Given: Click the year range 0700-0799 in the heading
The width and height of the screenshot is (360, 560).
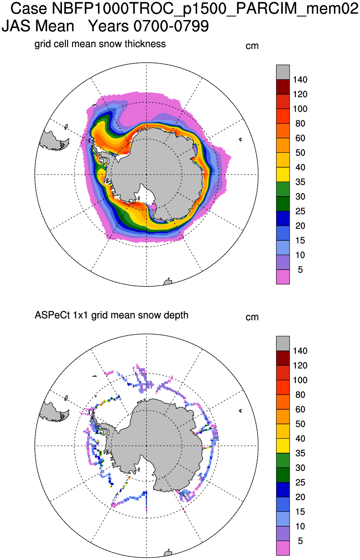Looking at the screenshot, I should pyautogui.click(x=171, y=26).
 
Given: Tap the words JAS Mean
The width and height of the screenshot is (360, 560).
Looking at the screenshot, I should pyautogui.click(x=38, y=26).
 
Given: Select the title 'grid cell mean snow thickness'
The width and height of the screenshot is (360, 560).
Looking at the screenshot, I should pyautogui.click(x=100, y=44).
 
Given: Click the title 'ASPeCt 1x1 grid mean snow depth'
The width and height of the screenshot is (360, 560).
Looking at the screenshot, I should pyautogui.click(x=111, y=315).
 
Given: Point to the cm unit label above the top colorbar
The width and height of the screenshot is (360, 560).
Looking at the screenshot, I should pyautogui.click(x=252, y=46).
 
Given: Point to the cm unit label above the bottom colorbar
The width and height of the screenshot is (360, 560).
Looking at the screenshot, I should pyautogui.click(x=252, y=317).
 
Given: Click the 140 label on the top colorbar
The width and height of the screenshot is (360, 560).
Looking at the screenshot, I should pyautogui.click(x=300, y=80).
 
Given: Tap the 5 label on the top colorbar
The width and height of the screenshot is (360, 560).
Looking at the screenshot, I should pyautogui.click(x=300, y=270).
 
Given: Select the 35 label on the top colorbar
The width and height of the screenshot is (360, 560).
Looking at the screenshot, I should pyautogui.click(x=300, y=182).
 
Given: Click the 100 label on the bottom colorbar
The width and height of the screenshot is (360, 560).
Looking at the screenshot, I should pyautogui.click(x=300, y=380).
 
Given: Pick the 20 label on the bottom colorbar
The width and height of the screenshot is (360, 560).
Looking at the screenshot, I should pyautogui.click(x=300, y=497).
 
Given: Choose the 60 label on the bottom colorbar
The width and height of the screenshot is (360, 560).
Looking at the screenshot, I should pyautogui.click(x=300, y=409).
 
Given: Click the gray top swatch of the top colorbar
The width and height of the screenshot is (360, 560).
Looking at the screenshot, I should pyautogui.click(x=283, y=72).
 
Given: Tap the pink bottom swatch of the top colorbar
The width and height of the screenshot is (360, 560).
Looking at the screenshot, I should pyautogui.click(x=283, y=277).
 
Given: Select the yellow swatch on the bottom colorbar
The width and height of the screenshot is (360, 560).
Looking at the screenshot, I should pyautogui.click(x=283, y=446).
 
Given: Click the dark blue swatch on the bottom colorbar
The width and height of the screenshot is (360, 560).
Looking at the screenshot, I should pyautogui.click(x=283, y=490).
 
